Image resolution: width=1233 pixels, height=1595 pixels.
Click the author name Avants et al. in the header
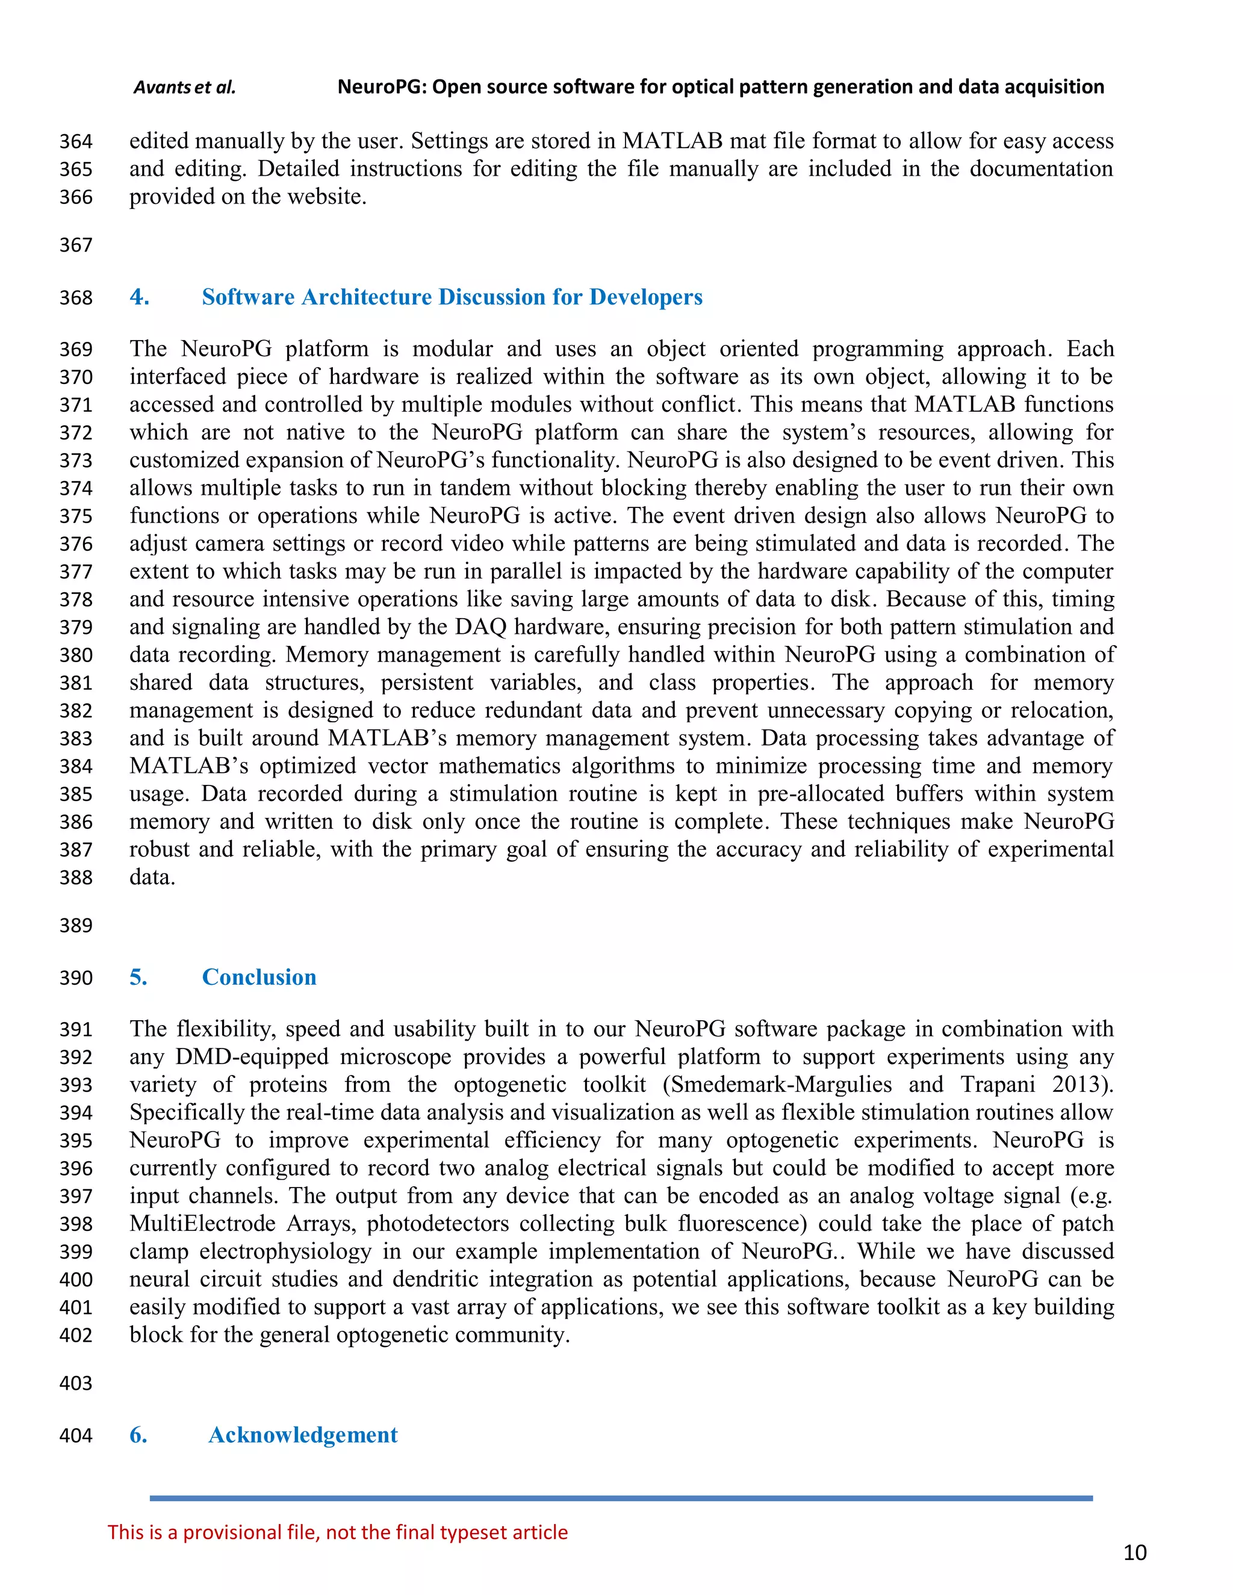[184, 88]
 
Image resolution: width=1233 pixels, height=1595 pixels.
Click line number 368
[76, 298]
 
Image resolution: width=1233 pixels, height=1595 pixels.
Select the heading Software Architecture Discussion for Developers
[452, 297]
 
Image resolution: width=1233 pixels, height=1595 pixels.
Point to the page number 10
[1134, 1553]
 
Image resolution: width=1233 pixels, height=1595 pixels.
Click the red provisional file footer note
[338, 1532]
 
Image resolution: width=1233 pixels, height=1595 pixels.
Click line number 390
[76, 978]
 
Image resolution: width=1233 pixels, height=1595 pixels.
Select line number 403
[76, 1383]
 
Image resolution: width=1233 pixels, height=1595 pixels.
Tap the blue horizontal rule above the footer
[621, 1499]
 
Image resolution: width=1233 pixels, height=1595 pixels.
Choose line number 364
[76, 141]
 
